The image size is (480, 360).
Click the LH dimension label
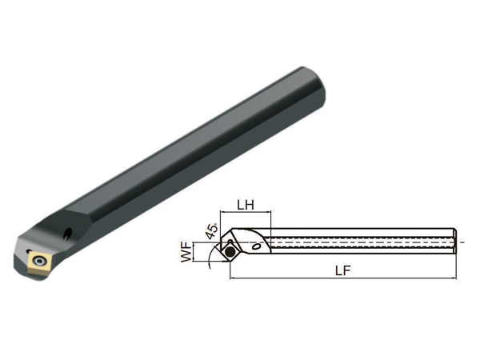(x=246, y=205)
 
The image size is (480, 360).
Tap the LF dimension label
(x=342, y=270)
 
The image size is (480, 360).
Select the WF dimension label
(x=186, y=252)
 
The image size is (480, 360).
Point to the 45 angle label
(x=211, y=231)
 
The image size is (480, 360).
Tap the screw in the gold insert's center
(x=39, y=261)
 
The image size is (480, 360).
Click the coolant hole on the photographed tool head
(x=68, y=233)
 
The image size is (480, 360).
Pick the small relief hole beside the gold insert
(x=29, y=251)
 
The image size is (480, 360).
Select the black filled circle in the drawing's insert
(x=230, y=252)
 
